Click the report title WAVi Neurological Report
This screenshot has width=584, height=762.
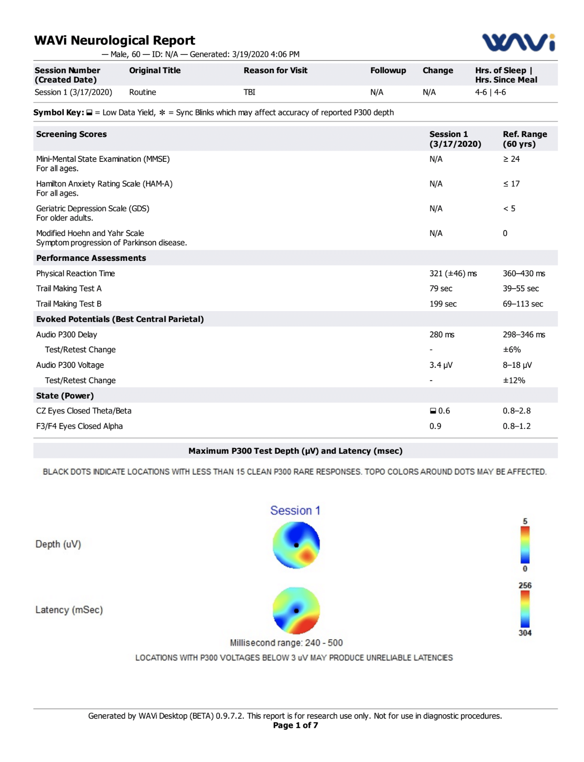(x=115, y=40)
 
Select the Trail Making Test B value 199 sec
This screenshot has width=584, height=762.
(x=443, y=304)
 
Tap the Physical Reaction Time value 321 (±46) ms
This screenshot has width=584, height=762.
(x=453, y=274)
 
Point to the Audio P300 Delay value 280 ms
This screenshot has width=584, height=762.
(x=441, y=335)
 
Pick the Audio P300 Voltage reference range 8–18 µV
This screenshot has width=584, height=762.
(x=517, y=365)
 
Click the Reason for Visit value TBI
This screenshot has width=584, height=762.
(x=249, y=92)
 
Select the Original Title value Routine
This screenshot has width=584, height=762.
(x=142, y=92)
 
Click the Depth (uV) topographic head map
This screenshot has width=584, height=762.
(x=296, y=545)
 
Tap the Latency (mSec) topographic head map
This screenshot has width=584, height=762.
(x=296, y=610)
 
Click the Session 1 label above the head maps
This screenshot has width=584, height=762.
(x=295, y=511)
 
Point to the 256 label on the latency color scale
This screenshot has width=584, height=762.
(x=524, y=586)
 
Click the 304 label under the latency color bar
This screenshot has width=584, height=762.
(x=524, y=633)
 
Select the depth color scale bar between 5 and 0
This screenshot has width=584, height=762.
(x=524, y=545)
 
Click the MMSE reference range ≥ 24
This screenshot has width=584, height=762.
(x=511, y=159)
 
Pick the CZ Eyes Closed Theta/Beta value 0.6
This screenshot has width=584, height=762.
(x=443, y=411)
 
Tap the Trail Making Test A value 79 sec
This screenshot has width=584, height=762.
(x=440, y=289)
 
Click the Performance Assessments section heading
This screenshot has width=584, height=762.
(x=91, y=258)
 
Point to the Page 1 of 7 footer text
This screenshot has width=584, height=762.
(x=295, y=725)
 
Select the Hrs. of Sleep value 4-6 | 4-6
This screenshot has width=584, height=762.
(x=490, y=92)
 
